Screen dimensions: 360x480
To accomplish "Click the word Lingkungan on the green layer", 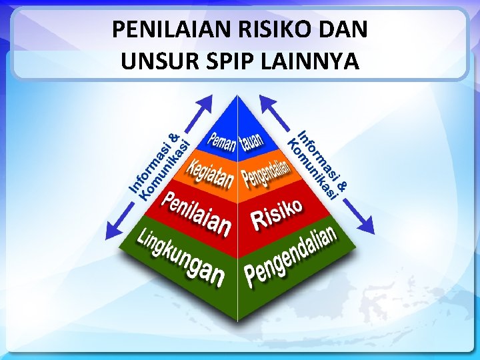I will pyautogui.click(x=180, y=257).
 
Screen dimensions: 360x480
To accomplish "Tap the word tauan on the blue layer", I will pyautogui.click(x=253, y=139).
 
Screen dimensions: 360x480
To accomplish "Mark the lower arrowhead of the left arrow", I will pyautogui.click(x=113, y=229).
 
